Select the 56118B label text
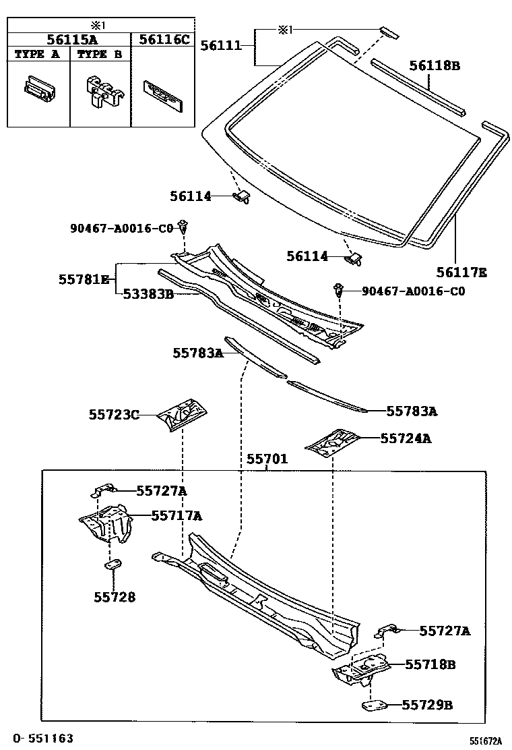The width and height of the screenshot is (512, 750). tap(435, 65)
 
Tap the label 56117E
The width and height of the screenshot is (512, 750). tap(461, 272)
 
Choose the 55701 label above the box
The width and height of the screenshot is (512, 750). tap(267, 459)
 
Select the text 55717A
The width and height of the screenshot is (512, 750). tap(177, 515)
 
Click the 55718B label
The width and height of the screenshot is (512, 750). tap(430, 664)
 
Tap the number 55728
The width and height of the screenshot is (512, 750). tap(114, 597)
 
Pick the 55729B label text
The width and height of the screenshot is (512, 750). tap(427, 705)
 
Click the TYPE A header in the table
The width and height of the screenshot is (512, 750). tap(38, 55)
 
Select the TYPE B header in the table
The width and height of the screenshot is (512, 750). tap(100, 55)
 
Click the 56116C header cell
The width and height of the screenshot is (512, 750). tap(164, 39)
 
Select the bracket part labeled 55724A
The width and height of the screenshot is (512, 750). tap(331, 440)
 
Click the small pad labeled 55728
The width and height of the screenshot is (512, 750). tap(113, 565)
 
